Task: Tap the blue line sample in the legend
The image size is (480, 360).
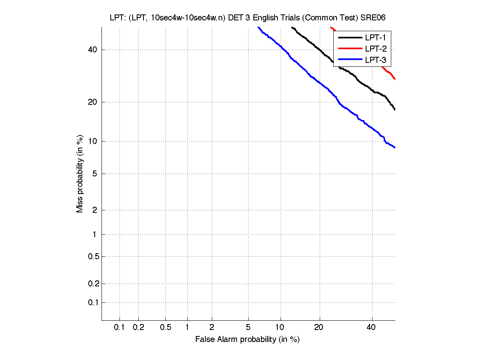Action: [350, 60]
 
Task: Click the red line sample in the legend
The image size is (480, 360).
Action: [350, 49]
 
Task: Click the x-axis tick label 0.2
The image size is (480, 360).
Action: [138, 328]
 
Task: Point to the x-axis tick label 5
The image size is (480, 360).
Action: [248, 328]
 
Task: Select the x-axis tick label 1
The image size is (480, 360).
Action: [187, 328]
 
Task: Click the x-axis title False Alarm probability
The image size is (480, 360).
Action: [247, 340]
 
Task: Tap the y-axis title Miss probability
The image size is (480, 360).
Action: [80, 174]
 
